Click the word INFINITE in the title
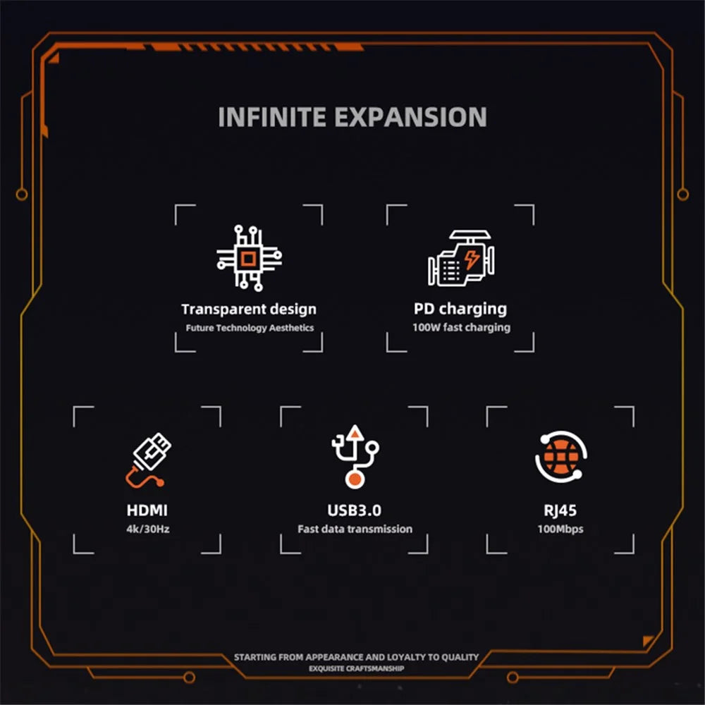[x=272, y=117]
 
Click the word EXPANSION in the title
[x=410, y=117]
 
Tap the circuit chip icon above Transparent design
[x=249, y=258]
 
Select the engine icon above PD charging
[x=461, y=258]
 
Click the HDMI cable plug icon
[x=148, y=460]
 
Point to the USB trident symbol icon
[x=355, y=456]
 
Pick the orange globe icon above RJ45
[x=561, y=457]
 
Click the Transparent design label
[x=249, y=309]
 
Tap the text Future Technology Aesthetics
[x=250, y=328]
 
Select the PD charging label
[x=460, y=309]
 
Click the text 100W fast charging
[x=461, y=327]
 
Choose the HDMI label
[x=147, y=510]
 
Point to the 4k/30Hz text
[x=148, y=529]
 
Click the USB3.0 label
[x=355, y=510]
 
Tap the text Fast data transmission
[x=355, y=529]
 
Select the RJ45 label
[x=560, y=510]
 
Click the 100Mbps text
[x=560, y=529]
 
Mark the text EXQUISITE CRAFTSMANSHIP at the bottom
[x=356, y=668]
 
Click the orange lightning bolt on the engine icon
[x=472, y=259]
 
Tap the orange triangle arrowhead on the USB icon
[x=355, y=433]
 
